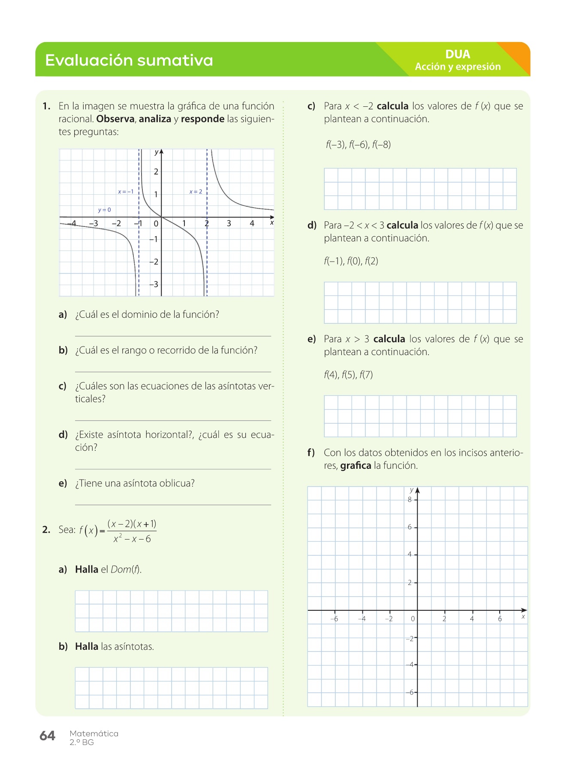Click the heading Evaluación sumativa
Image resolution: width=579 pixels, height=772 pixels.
click(x=129, y=60)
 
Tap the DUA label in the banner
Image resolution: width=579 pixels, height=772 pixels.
click(x=458, y=54)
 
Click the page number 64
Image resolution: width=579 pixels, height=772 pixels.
click(x=47, y=736)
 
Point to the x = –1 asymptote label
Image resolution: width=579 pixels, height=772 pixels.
click(x=126, y=192)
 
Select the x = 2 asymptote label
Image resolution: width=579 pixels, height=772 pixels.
click(x=196, y=192)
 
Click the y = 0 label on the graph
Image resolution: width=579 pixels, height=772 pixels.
click(x=104, y=210)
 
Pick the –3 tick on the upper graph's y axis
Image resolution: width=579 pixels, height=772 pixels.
click(x=154, y=284)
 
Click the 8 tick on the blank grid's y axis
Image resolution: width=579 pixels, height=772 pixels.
click(x=410, y=500)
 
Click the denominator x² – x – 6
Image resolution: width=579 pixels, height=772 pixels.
click(x=132, y=539)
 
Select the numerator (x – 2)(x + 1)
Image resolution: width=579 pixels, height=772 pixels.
click(x=132, y=524)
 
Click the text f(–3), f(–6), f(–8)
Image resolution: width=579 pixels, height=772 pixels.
click(x=358, y=145)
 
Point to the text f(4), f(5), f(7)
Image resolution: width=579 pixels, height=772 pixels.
click(x=348, y=375)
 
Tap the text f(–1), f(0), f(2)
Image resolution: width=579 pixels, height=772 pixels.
click(x=351, y=261)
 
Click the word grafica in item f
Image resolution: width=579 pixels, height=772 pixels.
click(x=356, y=466)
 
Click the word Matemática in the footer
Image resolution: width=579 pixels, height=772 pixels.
click(x=94, y=733)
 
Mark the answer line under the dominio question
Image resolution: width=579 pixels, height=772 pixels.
click(x=173, y=336)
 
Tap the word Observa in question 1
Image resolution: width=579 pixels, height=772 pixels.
click(x=115, y=119)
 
